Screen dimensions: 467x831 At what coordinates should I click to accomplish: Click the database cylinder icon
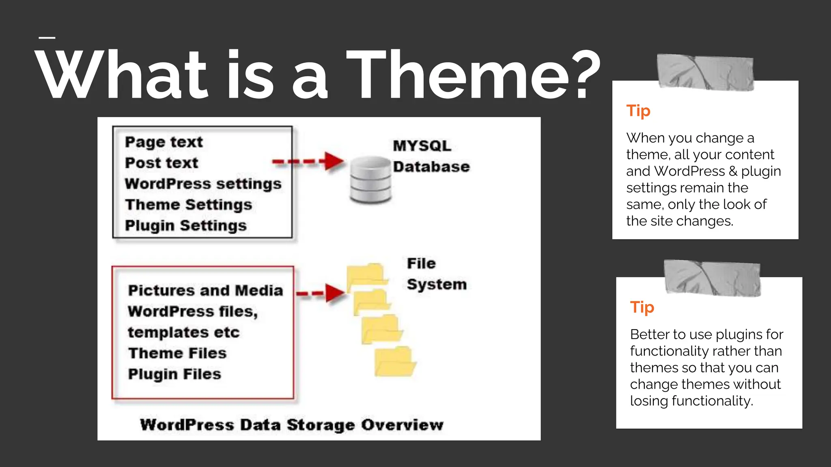pos(370,180)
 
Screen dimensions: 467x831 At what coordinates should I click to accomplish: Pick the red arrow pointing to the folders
pos(321,293)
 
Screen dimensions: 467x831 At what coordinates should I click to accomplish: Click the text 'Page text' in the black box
pos(164,142)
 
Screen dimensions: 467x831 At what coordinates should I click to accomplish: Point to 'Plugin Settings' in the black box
pos(185,225)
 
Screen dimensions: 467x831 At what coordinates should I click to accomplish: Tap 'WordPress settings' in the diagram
pos(203,184)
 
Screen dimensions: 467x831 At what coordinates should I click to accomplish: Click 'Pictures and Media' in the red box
pos(205,290)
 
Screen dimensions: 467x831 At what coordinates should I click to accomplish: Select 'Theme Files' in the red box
pos(177,353)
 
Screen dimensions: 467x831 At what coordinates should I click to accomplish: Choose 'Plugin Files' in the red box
pos(174,374)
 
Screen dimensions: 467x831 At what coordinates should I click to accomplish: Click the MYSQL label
pos(422,146)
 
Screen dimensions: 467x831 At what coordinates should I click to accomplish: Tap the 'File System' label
pos(436,274)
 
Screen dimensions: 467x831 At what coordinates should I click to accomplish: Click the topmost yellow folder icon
pos(366,276)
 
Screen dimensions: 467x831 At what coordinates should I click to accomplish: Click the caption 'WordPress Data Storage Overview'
pos(291,425)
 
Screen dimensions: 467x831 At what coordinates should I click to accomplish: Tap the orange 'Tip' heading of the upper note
pos(638,111)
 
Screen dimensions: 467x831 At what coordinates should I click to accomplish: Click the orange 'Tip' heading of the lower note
pos(642,307)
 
